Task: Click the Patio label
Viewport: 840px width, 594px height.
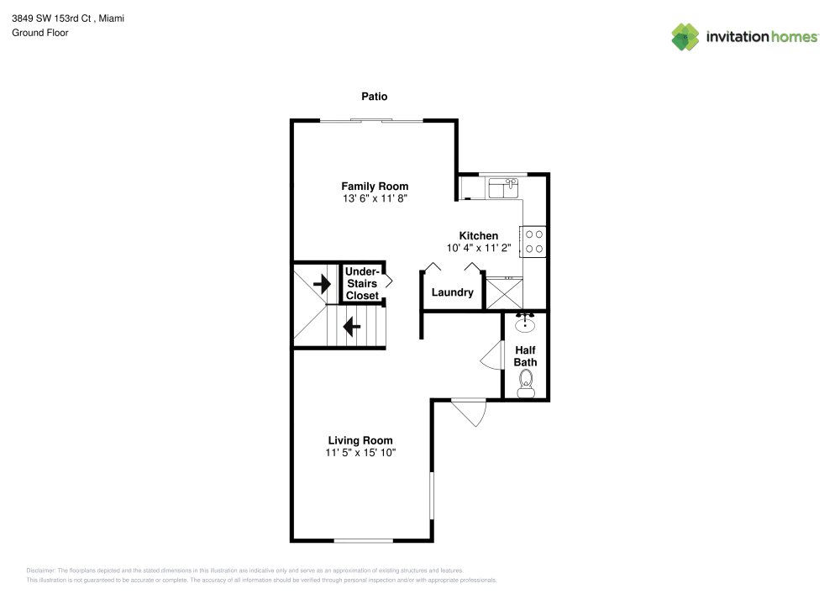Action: [375, 97]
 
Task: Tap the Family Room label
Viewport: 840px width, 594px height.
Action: [375, 187]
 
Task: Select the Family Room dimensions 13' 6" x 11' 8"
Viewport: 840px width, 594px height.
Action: [375, 199]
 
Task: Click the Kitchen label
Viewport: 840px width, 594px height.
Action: [478, 236]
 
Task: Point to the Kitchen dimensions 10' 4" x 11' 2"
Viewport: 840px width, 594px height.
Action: [478, 249]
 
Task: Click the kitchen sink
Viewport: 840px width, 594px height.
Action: [507, 187]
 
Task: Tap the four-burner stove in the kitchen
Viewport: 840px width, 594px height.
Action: [534, 242]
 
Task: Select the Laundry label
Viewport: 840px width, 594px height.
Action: [452, 293]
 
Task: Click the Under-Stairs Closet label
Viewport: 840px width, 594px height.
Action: [362, 284]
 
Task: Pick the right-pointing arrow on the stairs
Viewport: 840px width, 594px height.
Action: [321, 284]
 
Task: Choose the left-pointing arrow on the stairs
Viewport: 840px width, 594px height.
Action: [352, 325]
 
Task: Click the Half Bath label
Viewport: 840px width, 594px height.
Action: [526, 356]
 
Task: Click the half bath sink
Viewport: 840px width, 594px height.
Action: [526, 323]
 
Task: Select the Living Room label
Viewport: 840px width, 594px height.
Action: [360, 440]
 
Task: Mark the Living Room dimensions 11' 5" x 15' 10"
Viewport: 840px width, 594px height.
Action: [360, 453]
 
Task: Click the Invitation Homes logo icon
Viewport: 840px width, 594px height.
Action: [685, 37]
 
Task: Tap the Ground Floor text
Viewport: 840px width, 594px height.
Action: [40, 33]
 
